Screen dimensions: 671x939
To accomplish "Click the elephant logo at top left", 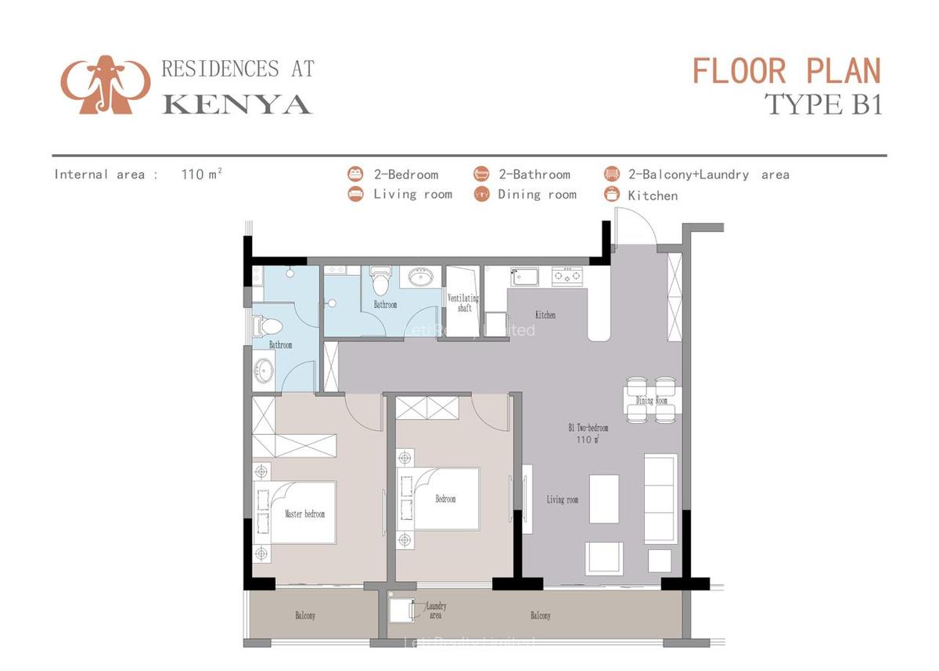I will tap(105, 84).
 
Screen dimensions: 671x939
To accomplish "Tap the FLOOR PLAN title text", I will tap(786, 71).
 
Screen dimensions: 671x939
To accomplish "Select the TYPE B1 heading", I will tap(823, 104).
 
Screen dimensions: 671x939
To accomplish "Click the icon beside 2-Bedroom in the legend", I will tap(356, 174).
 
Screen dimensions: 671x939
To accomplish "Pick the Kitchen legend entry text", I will tap(653, 196).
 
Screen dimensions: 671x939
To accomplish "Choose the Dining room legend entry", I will tap(537, 195).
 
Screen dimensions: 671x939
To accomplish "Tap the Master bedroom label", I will tap(304, 514).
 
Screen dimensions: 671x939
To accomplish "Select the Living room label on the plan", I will tap(562, 499).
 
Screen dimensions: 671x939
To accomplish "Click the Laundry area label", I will tap(436, 610).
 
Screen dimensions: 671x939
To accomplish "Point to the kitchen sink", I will tap(524, 276).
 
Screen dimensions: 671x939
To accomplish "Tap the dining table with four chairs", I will tap(651, 400).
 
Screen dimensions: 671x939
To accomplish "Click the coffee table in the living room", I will tap(603, 498).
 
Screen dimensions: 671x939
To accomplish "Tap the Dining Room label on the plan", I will tap(651, 400).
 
